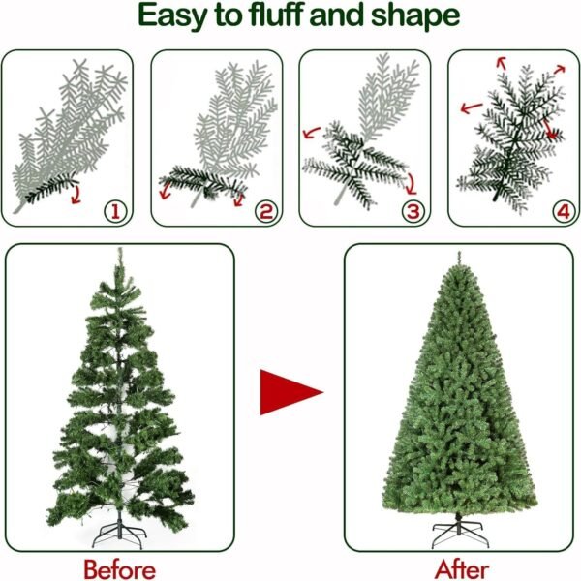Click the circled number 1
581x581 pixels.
(x=115, y=212)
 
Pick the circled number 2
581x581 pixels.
(x=265, y=211)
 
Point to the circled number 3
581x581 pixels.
(x=413, y=211)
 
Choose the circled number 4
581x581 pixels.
(x=564, y=211)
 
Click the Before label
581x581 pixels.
(x=120, y=569)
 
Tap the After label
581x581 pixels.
(x=462, y=569)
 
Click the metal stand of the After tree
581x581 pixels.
(x=460, y=531)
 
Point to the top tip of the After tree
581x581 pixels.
(x=459, y=252)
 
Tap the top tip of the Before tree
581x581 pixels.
(x=119, y=248)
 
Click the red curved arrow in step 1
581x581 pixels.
(x=76, y=195)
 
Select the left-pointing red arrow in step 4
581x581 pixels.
(x=472, y=107)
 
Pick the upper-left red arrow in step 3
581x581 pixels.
(x=311, y=133)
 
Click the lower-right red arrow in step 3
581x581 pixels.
(x=412, y=184)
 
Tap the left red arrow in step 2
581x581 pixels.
(x=165, y=191)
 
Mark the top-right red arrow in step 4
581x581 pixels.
(x=560, y=69)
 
